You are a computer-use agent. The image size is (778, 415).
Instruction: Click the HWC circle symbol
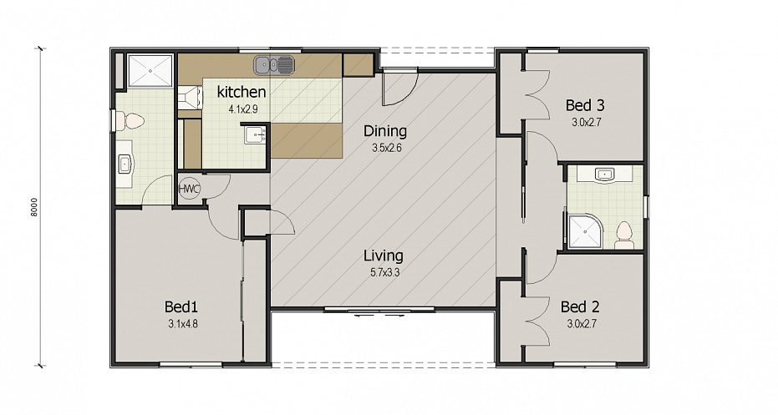(189, 189)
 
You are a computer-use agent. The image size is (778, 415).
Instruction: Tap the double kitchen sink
(273, 65)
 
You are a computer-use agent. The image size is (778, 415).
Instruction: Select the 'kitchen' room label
(242, 92)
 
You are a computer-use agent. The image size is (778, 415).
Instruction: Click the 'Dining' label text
(385, 131)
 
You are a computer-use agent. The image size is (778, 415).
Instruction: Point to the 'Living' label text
(384, 256)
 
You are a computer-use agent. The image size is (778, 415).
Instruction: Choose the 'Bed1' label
(181, 307)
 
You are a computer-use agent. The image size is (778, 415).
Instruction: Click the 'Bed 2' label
(580, 307)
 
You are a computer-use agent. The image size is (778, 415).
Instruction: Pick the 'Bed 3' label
(585, 105)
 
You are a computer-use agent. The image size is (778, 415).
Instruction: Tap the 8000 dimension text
(33, 207)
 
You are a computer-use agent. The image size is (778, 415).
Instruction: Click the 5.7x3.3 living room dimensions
(384, 272)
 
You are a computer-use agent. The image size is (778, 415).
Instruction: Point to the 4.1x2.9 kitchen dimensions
(242, 109)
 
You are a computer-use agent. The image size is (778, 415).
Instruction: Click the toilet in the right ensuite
(624, 235)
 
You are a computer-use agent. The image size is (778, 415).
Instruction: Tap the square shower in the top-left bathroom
(150, 71)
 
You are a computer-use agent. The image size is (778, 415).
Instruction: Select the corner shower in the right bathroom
(586, 231)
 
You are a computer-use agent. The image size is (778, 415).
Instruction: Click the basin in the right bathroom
(604, 174)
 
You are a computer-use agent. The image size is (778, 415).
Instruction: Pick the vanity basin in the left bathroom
(125, 164)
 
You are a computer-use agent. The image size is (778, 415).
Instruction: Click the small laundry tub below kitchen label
(255, 134)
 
